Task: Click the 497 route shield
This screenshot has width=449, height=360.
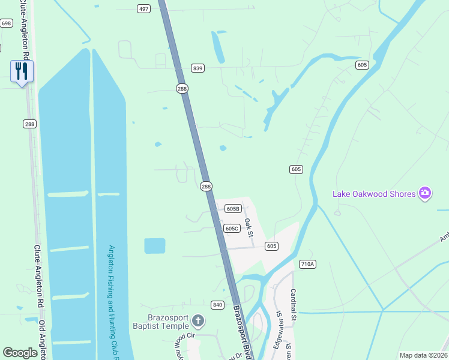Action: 143,8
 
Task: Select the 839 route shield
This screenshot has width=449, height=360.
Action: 198,68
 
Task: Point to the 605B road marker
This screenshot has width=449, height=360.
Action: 234,209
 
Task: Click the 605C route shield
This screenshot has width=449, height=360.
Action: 232,228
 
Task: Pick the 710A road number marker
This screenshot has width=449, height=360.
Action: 307,263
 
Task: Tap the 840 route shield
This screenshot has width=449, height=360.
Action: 217,305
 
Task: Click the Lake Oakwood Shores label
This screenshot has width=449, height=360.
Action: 375,193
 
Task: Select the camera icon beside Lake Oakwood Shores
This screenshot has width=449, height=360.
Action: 425,193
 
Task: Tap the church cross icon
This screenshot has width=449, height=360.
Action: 199,322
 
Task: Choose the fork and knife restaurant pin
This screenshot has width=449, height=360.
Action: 22,72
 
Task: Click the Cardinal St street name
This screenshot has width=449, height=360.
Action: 294,305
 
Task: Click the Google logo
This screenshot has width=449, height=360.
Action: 20,353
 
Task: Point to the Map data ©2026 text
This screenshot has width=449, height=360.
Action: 423,355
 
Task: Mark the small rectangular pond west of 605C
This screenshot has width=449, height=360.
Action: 154,246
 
